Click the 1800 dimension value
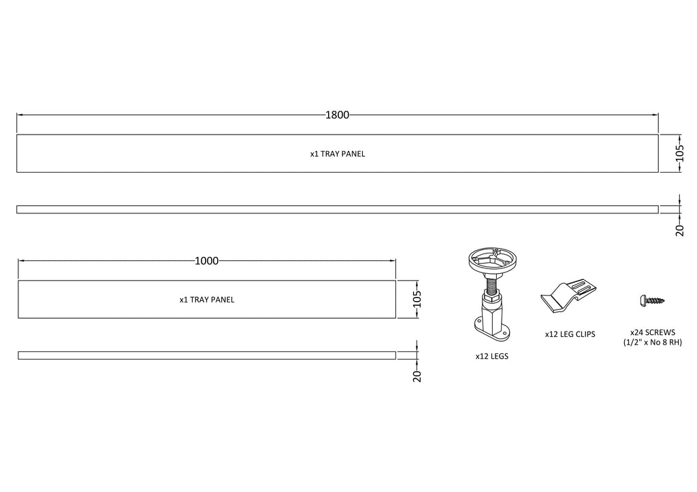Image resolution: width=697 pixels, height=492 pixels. (338, 116)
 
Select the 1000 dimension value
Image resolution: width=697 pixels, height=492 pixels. (207, 261)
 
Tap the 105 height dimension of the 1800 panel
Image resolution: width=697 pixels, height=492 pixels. (679, 153)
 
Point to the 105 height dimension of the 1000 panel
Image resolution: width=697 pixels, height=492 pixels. (417, 299)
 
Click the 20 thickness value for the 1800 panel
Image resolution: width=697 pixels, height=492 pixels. (680, 230)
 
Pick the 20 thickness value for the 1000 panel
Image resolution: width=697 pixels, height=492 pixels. (417, 376)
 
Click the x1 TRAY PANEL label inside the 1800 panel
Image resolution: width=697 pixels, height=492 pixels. (338, 154)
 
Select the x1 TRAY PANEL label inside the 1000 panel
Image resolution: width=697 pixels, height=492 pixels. (207, 300)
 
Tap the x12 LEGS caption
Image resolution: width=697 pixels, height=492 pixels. (491, 356)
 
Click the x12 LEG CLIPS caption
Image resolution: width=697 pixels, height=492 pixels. (570, 334)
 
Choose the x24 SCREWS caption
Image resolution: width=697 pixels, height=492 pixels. (653, 332)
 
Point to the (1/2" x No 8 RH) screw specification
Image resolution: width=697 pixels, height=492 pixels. (653, 342)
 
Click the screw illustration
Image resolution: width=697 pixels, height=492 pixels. (652, 300)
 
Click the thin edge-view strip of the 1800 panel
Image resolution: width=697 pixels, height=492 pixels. (338, 209)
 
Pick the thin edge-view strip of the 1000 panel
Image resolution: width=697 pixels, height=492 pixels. (207, 355)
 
